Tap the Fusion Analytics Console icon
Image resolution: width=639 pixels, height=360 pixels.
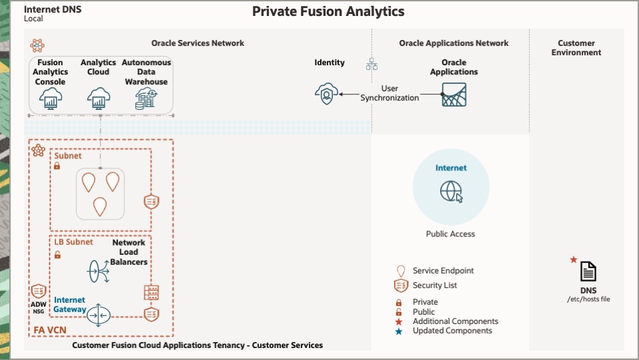coord(51,98)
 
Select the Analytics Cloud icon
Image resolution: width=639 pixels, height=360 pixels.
coord(99,98)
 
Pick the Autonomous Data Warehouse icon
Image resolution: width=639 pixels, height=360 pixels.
coord(146,98)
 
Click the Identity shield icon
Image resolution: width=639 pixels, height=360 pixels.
coord(325,94)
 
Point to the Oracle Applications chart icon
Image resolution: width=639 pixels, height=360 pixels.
coord(454,94)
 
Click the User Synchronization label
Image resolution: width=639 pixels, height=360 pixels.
coord(390,93)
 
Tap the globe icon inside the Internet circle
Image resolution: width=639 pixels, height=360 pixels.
coord(451,192)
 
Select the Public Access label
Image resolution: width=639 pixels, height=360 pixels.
coord(451,234)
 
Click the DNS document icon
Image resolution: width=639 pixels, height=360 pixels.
coord(588,271)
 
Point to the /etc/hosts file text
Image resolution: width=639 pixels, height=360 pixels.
coord(588,299)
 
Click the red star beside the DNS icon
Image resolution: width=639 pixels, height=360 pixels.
coord(574,260)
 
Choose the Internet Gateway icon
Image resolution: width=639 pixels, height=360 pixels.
coord(98,314)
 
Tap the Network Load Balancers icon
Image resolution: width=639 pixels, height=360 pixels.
coord(99,271)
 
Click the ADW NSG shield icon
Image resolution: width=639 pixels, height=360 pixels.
coord(39,291)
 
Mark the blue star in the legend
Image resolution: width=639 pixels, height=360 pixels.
coord(399,331)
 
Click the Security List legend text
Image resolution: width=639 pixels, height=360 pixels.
coord(435,285)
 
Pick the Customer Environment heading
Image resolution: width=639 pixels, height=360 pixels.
coord(576,48)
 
